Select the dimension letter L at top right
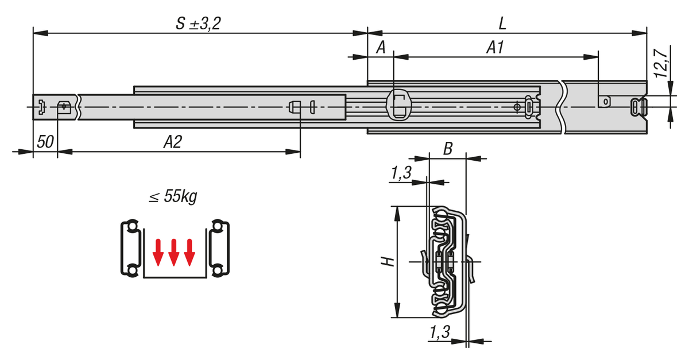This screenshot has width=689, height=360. (x=502, y=24)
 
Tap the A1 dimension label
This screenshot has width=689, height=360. (x=494, y=48)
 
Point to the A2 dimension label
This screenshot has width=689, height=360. (x=172, y=142)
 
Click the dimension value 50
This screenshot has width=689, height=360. (x=45, y=142)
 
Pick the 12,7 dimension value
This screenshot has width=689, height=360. (x=661, y=63)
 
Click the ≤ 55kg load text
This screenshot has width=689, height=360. (x=173, y=197)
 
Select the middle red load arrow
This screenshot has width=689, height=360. (x=173, y=253)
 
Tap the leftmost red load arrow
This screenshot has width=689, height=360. (x=157, y=253)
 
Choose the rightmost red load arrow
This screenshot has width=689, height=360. (x=189, y=253)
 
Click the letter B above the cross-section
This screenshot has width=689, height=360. (x=448, y=149)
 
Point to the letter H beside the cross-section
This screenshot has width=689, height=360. (x=388, y=261)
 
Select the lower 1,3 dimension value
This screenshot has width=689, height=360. (x=439, y=332)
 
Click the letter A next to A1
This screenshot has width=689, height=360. (x=380, y=48)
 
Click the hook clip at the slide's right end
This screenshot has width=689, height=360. (x=638, y=106)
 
